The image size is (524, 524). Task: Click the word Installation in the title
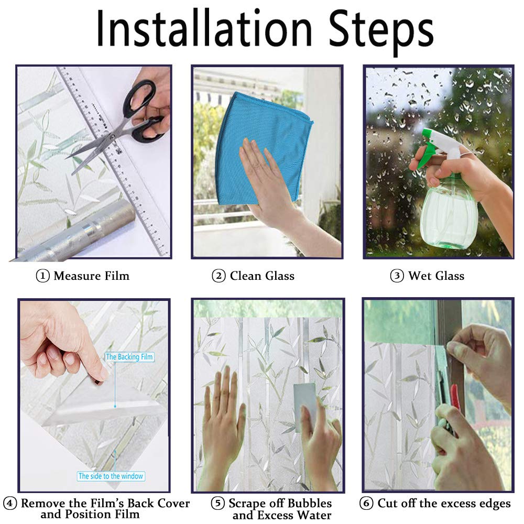click(x=204, y=28)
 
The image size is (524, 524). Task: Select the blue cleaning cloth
click(x=264, y=149)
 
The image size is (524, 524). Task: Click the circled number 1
click(x=42, y=276)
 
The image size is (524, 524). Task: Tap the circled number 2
click(x=219, y=276)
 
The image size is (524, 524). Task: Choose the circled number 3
click(x=397, y=276)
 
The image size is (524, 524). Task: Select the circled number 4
click(x=9, y=503)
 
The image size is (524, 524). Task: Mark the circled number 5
click(x=217, y=503)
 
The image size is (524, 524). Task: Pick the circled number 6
click(x=366, y=503)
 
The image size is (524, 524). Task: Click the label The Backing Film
click(x=129, y=357)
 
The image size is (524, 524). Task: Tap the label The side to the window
click(x=111, y=476)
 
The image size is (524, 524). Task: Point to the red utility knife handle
click(x=455, y=398)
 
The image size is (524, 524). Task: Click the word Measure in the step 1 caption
click(x=78, y=276)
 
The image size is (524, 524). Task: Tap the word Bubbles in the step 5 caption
click(x=310, y=503)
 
